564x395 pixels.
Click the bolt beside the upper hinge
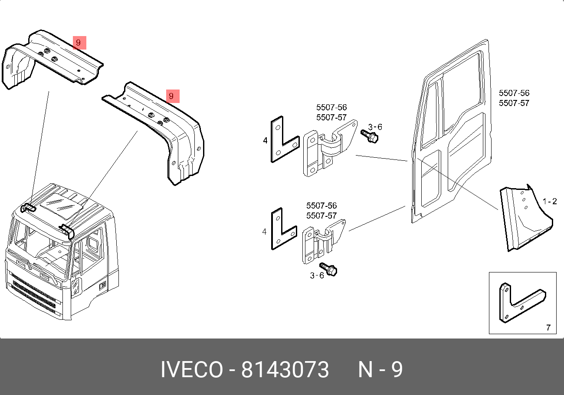coord(370,137)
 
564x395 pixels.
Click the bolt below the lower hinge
coord(329,269)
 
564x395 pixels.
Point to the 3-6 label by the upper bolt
coord(375,127)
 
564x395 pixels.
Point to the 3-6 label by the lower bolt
coord(317,276)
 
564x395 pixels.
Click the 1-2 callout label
coord(550,201)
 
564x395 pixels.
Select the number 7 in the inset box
coord(548,328)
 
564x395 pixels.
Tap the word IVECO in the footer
coord(191,370)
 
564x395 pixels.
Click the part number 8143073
coord(285,370)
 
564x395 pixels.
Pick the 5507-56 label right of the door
coord(514,93)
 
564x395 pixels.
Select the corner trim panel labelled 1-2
coord(523,219)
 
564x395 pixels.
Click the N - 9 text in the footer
coord(380,370)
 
